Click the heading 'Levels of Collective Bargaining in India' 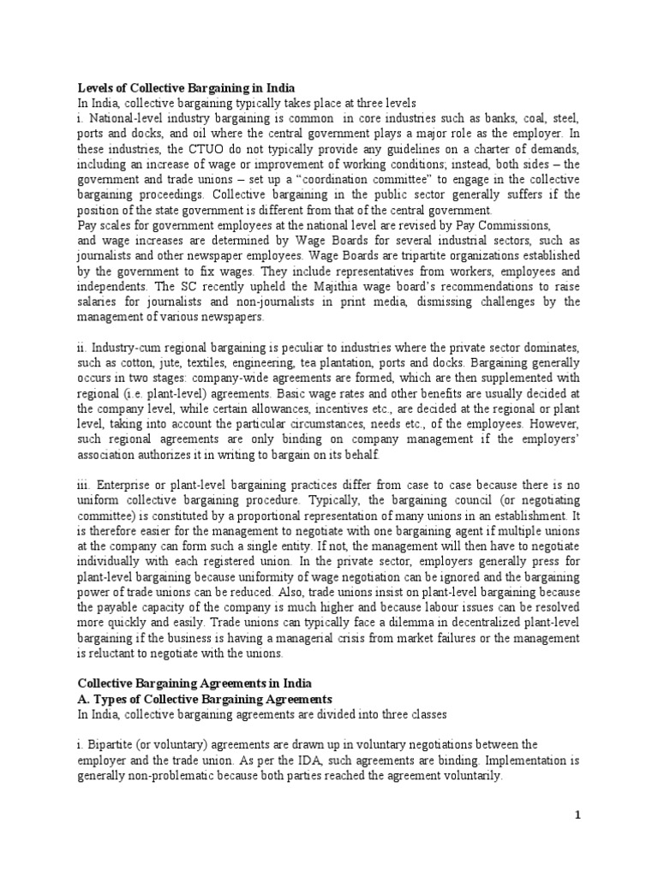click(x=187, y=88)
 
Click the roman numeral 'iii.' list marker click(x=86, y=486)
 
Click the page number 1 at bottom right click(x=578, y=816)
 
